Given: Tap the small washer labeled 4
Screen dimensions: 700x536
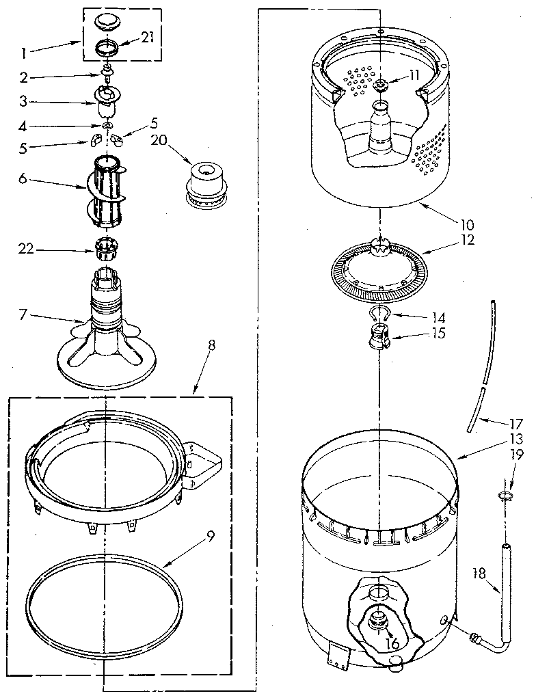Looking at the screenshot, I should pyautogui.click(x=108, y=126).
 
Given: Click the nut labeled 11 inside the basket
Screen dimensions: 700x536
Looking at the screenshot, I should pyautogui.click(x=380, y=85).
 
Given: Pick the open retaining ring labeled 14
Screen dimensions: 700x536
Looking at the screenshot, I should pyautogui.click(x=377, y=314).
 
